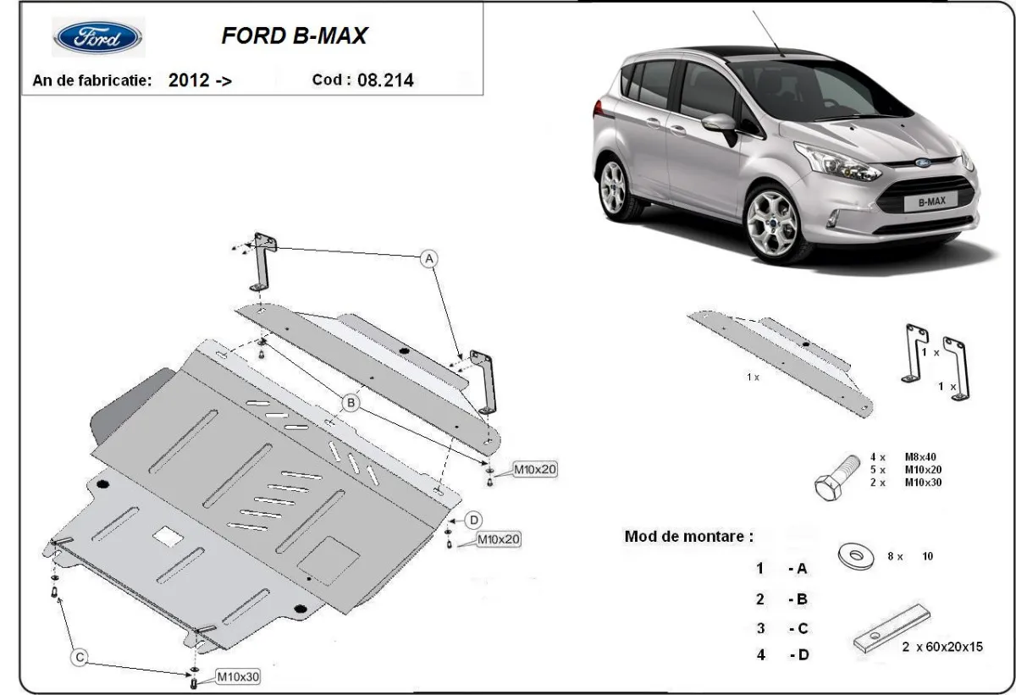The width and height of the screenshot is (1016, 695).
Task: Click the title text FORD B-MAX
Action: pyautogui.click(x=294, y=36)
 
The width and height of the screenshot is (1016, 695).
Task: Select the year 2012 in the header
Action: pyautogui.click(x=189, y=81)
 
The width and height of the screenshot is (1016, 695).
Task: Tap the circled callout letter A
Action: pyautogui.click(x=429, y=258)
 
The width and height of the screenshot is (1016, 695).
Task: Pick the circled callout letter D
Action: pyautogui.click(x=474, y=519)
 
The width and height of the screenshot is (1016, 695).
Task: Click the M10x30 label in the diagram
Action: pyautogui.click(x=239, y=676)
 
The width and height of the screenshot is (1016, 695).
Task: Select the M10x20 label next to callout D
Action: pyautogui.click(x=499, y=538)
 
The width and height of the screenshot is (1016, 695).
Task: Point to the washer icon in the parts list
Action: pyautogui.click(x=856, y=555)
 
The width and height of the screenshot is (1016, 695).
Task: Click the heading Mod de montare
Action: pyautogui.click(x=687, y=536)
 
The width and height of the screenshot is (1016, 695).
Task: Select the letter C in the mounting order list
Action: pyautogui.click(x=802, y=627)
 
